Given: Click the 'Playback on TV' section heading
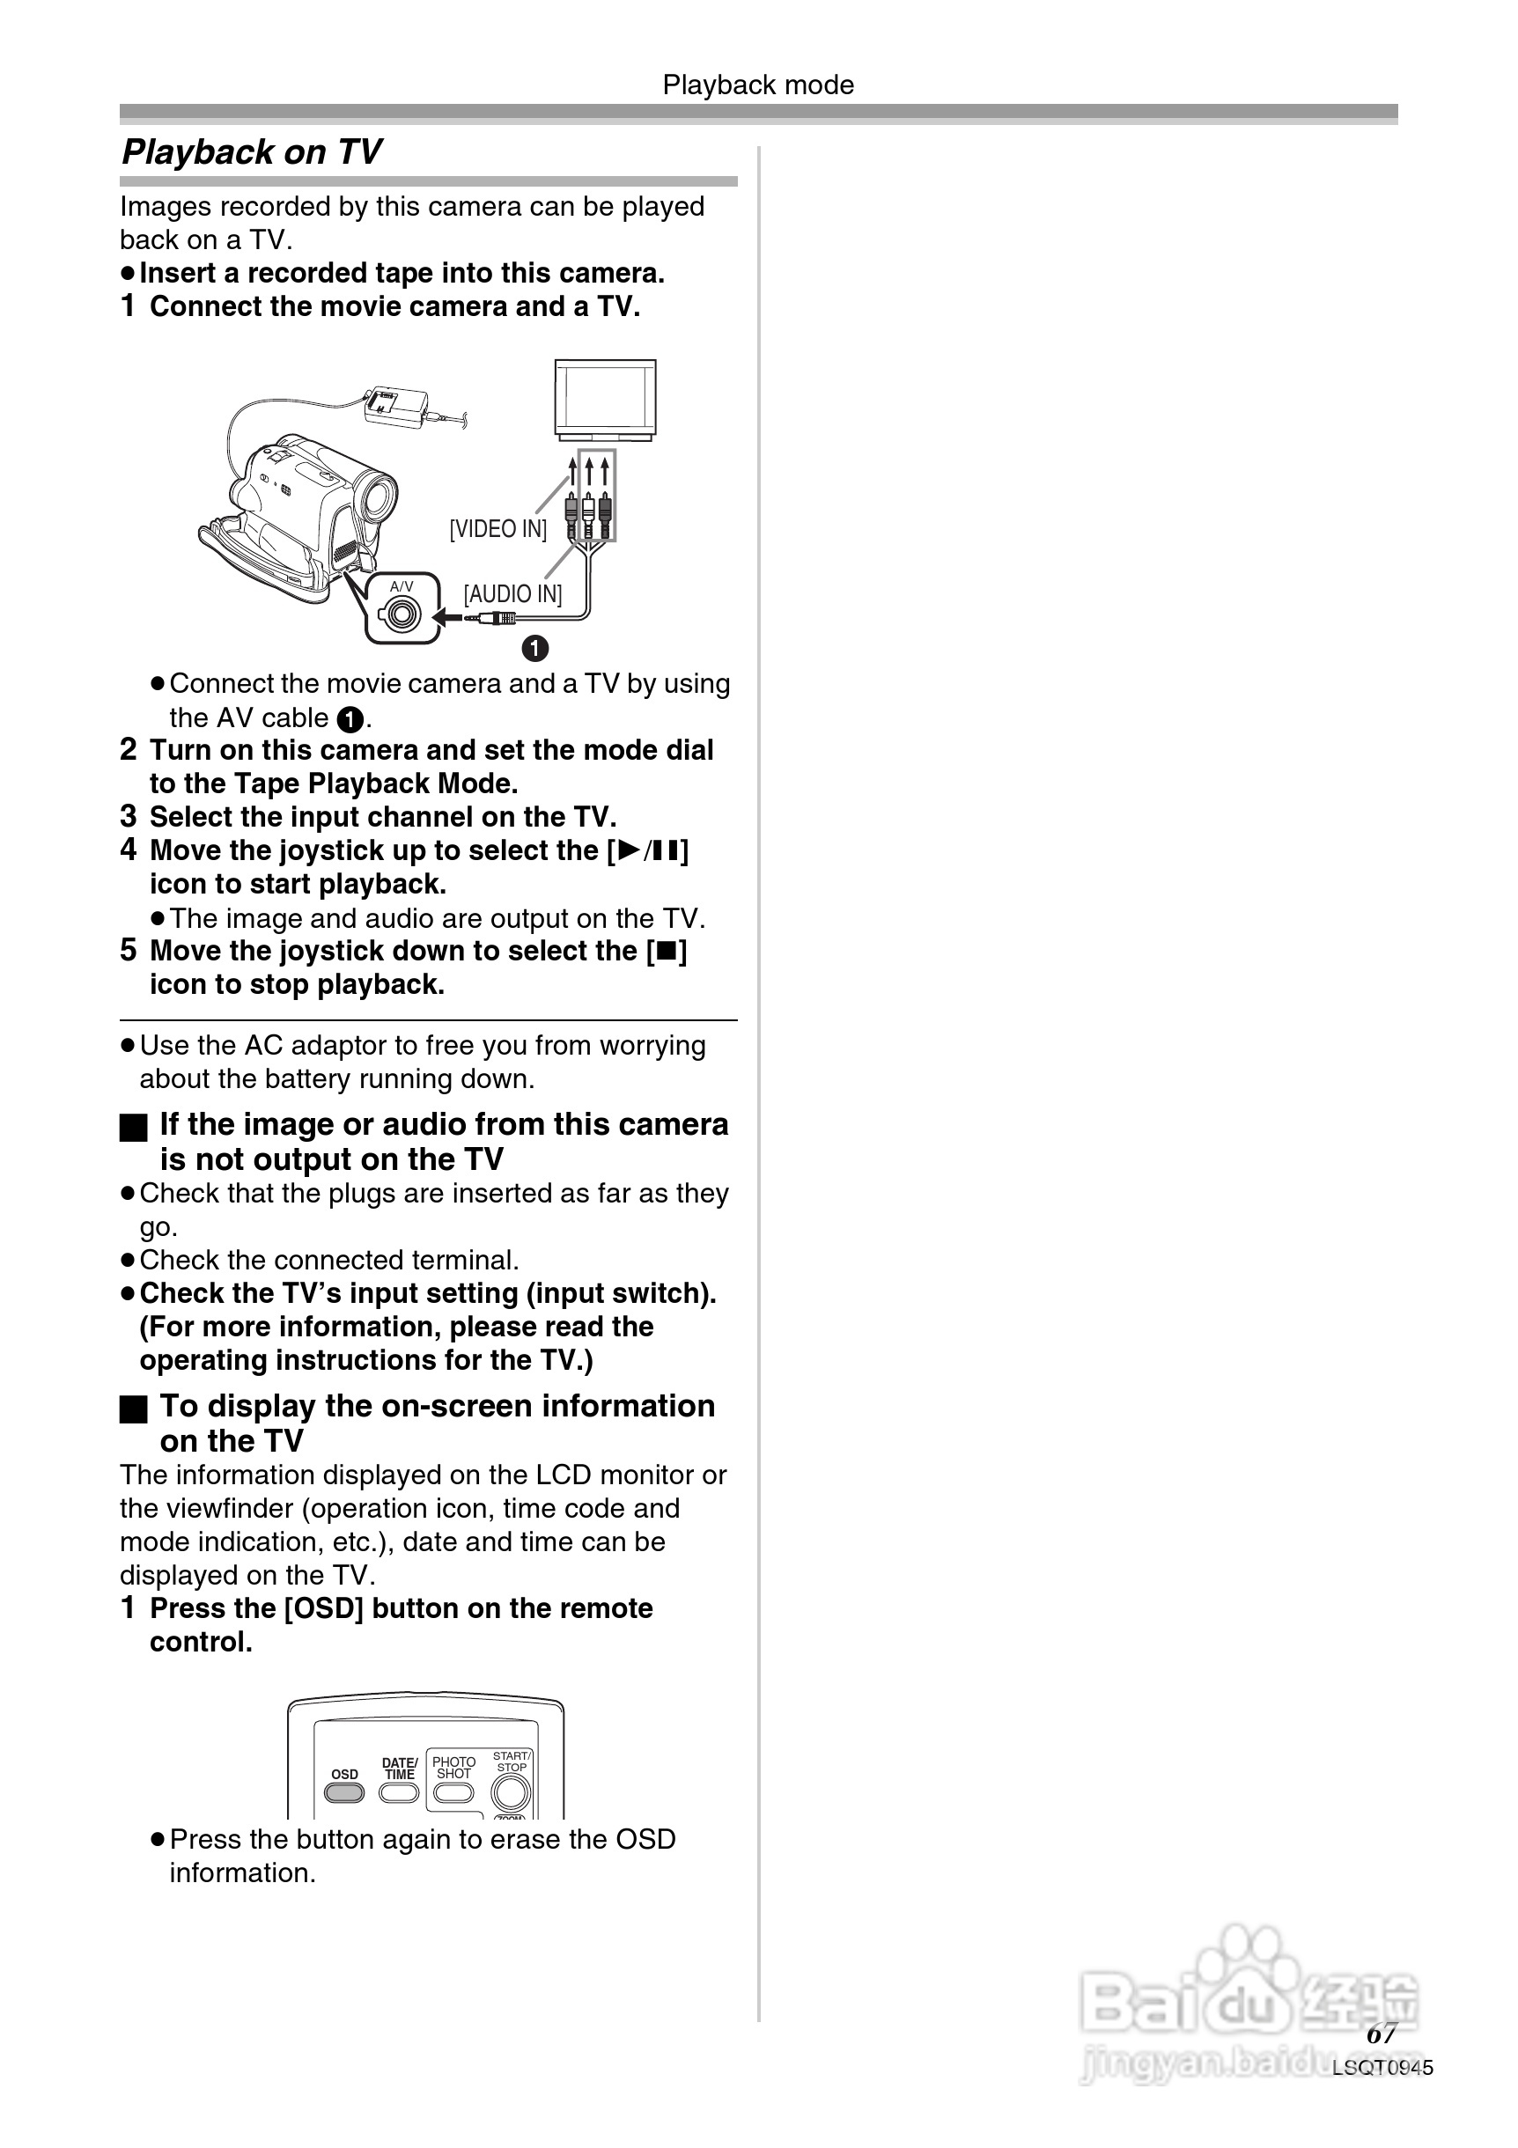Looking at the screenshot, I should (x=252, y=151).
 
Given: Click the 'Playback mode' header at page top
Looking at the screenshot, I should (x=758, y=85).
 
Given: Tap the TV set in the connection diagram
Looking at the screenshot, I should (x=606, y=400).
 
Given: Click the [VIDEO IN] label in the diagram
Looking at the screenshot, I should (x=497, y=528).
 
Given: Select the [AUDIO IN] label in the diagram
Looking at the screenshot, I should (x=512, y=594).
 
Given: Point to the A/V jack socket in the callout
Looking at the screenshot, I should (x=402, y=614).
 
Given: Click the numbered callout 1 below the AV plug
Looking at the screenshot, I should (x=534, y=647).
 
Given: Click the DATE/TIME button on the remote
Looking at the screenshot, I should (x=399, y=1792).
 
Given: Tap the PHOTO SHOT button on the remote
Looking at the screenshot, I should (x=453, y=1792).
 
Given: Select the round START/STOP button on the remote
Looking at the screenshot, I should (x=511, y=1792).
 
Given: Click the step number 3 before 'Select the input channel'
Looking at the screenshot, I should (x=129, y=817).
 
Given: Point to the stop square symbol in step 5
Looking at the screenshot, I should (x=667, y=952).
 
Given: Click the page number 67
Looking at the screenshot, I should (x=1382, y=2034).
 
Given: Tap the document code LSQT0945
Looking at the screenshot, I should (x=1382, y=2068).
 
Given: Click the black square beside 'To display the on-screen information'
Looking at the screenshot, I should (x=134, y=1409).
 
